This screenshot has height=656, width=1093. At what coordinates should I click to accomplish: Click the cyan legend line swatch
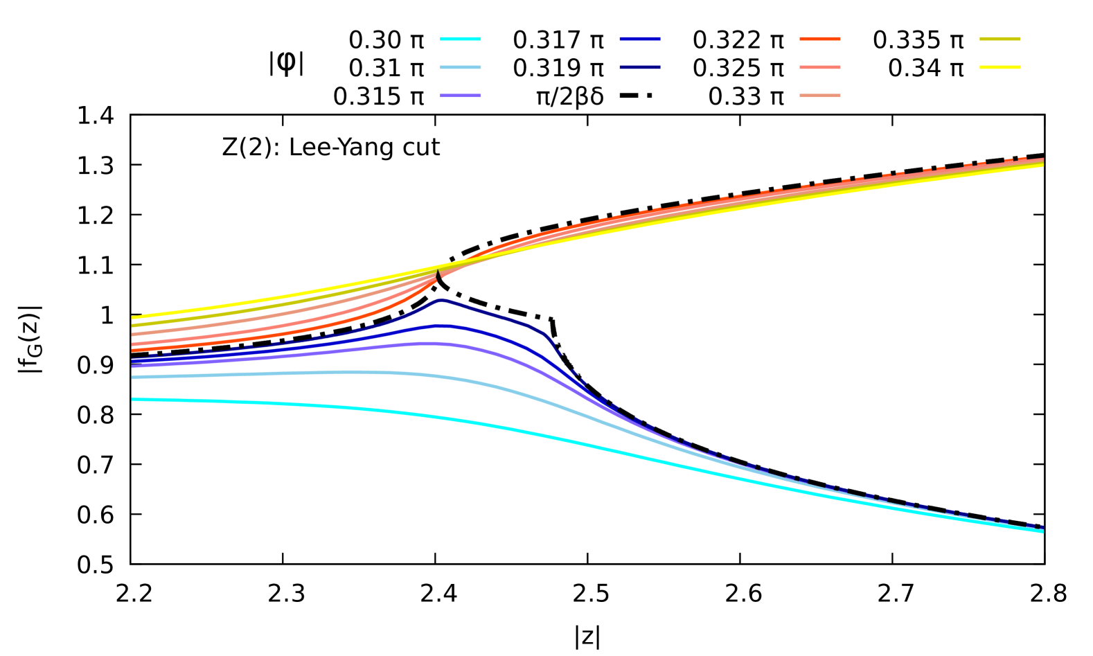click(x=461, y=39)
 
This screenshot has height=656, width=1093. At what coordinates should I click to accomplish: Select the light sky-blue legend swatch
click(x=461, y=67)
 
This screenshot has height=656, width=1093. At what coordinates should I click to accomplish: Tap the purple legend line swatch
click(x=461, y=96)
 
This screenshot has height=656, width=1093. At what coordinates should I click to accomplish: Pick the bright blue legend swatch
click(x=640, y=39)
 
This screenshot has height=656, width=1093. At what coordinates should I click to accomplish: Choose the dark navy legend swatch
click(x=640, y=67)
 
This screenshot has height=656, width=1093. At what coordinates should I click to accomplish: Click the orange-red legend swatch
click(x=820, y=39)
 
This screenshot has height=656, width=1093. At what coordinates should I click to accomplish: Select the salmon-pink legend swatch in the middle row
click(x=820, y=67)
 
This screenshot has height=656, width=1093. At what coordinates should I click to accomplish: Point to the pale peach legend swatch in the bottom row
click(x=820, y=96)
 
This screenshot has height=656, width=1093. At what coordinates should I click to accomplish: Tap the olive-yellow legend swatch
click(x=999, y=39)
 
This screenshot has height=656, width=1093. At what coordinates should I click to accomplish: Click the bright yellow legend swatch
click(x=999, y=67)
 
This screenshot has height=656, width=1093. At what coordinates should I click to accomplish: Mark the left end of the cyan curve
click(x=132, y=399)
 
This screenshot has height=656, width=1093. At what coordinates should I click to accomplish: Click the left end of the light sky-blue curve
click(x=132, y=378)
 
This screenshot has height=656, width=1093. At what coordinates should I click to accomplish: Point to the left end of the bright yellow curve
click(x=132, y=318)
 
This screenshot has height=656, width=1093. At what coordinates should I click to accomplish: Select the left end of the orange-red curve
click(x=132, y=351)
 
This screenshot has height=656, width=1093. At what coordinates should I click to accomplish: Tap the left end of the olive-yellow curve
click(x=132, y=325)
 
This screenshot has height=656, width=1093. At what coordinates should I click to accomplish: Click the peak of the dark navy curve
click(x=441, y=300)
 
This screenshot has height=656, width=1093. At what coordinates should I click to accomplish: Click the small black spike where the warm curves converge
click(x=438, y=274)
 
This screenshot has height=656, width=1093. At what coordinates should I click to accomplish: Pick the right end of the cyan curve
click(x=1043, y=531)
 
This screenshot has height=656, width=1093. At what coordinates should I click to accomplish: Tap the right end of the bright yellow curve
click(x=1043, y=165)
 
